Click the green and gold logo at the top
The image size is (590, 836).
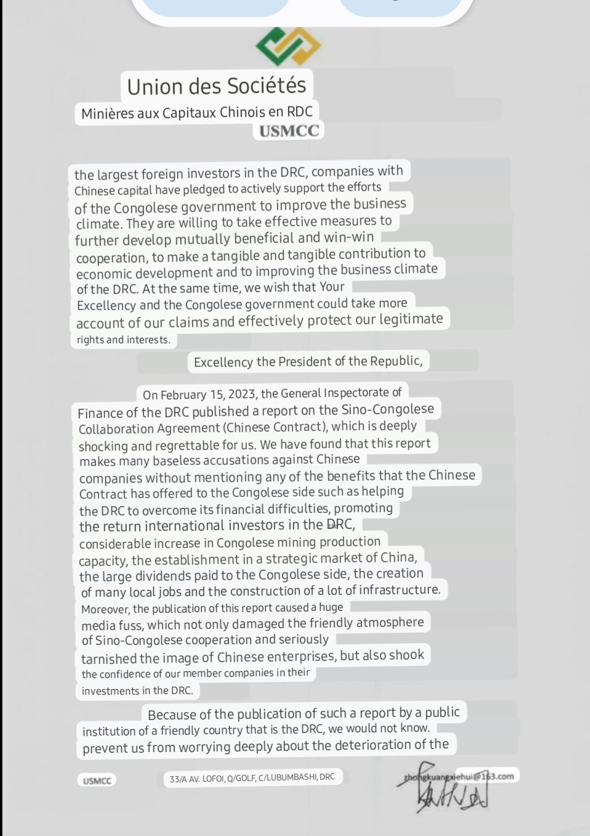(x=288, y=46)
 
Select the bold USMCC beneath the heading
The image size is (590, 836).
(x=289, y=131)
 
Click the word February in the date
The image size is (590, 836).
(x=186, y=395)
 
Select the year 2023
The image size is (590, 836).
(x=243, y=394)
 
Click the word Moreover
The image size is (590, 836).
(x=105, y=609)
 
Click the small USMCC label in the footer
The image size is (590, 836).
(x=97, y=781)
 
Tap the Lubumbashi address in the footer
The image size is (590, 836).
(x=253, y=778)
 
